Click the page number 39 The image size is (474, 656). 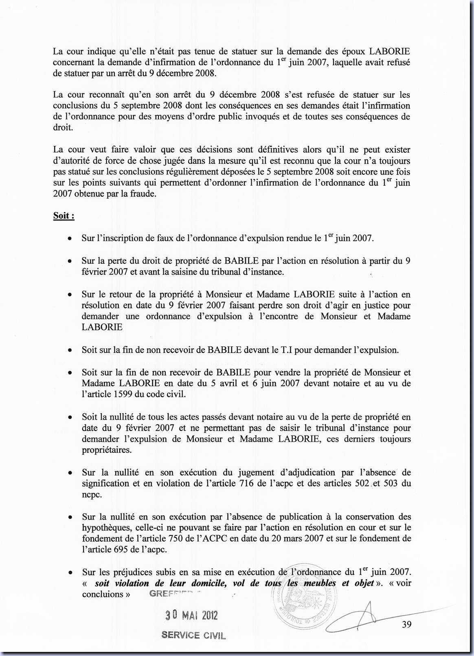pyautogui.click(x=406, y=624)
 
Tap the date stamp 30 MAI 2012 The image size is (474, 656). pyautogui.click(x=191, y=615)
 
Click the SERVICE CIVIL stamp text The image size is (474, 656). pyautogui.click(x=193, y=635)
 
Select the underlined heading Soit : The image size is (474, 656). pyautogui.click(x=64, y=216)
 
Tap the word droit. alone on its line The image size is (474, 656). pyautogui.click(x=63, y=128)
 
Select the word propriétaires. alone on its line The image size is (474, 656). pyautogui.click(x=107, y=450)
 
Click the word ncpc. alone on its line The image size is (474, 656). pyautogui.click(x=92, y=494)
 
